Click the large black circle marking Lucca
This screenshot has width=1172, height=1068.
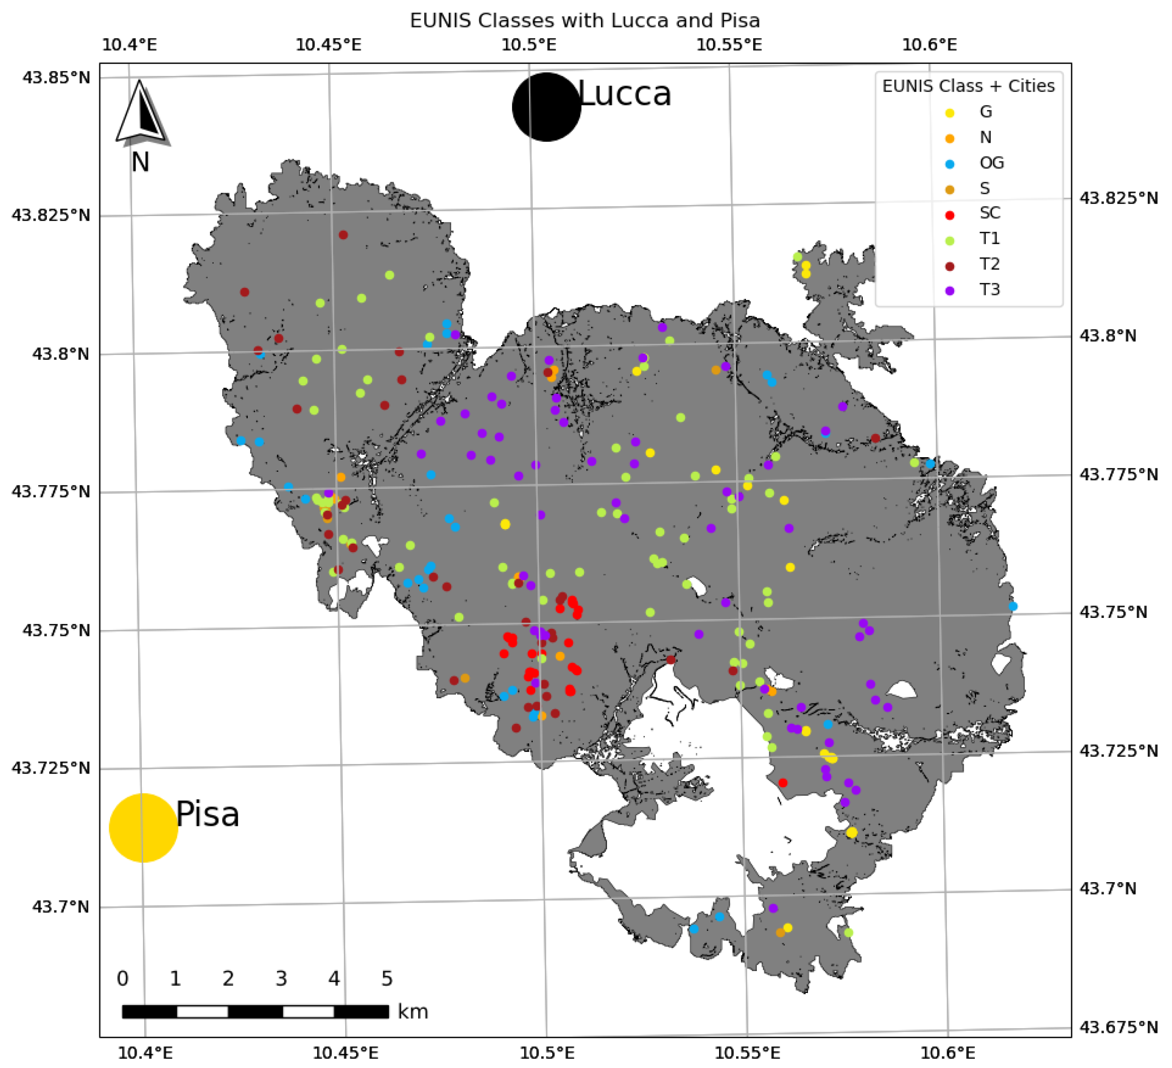coord(546,107)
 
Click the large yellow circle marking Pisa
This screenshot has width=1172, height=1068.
coord(144,827)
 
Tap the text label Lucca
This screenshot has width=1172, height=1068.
coord(625,94)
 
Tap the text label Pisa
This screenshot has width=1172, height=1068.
coord(208,814)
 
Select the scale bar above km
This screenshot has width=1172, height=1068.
coord(255,1012)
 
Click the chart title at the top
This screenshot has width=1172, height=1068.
coord(585,21)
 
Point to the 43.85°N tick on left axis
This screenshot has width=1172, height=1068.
coord(56,78)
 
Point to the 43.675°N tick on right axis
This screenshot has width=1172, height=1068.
coord(1119,1027)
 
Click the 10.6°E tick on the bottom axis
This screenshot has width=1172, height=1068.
coord(947,1053)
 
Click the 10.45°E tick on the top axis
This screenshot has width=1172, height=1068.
coord(329,45)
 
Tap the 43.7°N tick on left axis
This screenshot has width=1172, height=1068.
coord(61,907)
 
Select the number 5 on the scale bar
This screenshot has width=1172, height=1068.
coord(387,979)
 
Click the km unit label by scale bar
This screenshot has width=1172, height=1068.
coord(413,1012)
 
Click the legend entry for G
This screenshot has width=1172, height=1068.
coord(985,112)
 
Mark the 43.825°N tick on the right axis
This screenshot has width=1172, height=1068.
coord(1119,198)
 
